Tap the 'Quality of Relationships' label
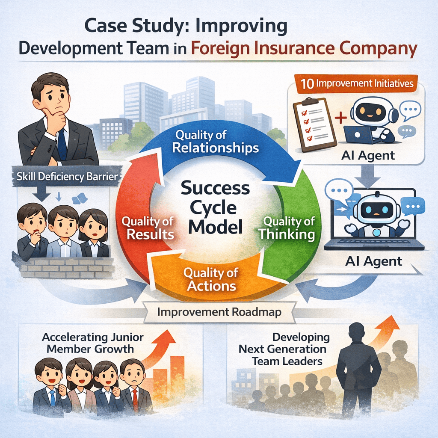pyautogui.click(x=217, y=142)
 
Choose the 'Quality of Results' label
pyautogui.click(x=148, y=228)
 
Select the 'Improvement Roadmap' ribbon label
pyautogui.click(x=219, y=312)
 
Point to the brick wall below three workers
pyautogui.click(x=66, y=267)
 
